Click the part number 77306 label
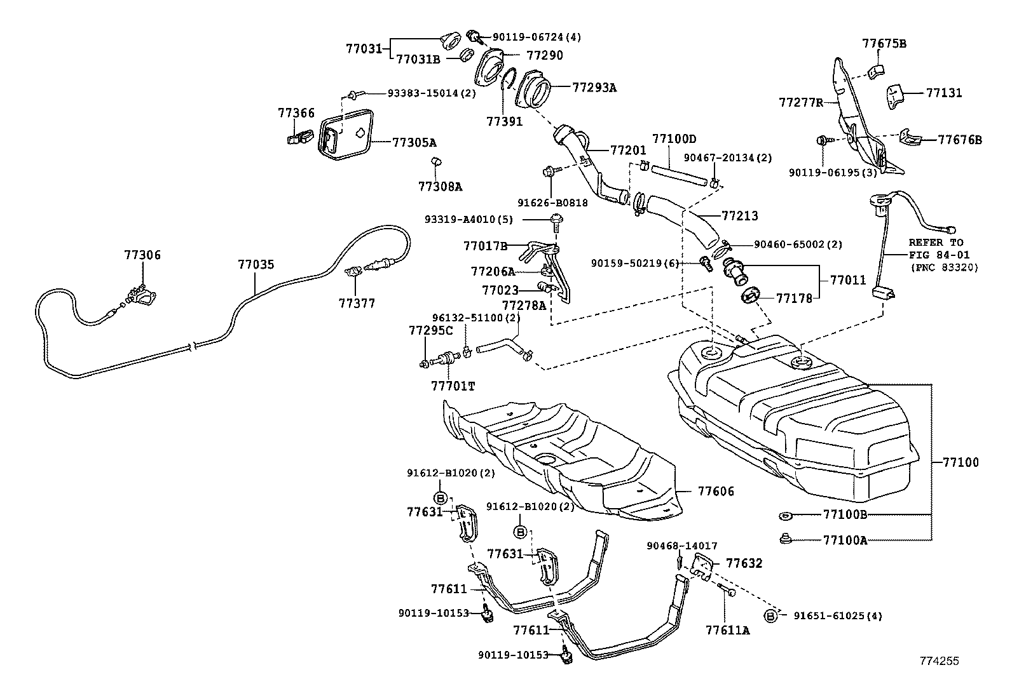pyautogui.click(x=142, y=255)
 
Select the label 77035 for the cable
pyautogui.click(x=256, y=264)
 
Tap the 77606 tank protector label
pyautogui.click(x=716, y=491)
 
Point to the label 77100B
pyautogui.click(x=845, y=514)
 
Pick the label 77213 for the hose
pyautogui.click(x=739, y=216)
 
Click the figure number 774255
pyautogui.click(x=939, y=661)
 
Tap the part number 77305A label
pyautogui.click(x=414, y=142)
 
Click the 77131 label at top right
pyautogui.click(x=944, y=93)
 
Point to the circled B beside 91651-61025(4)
pyautogui.click(x=770, y=615)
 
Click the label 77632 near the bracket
pyautogui.click(x=744, y=563)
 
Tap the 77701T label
pyautogui.click(x=453, y=386)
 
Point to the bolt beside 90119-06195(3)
pyautogui.click(x=823, y=140)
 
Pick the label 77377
pyautogui.click(x=357, y=304)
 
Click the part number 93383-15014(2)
pyautogui.click(x=432, y=93)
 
